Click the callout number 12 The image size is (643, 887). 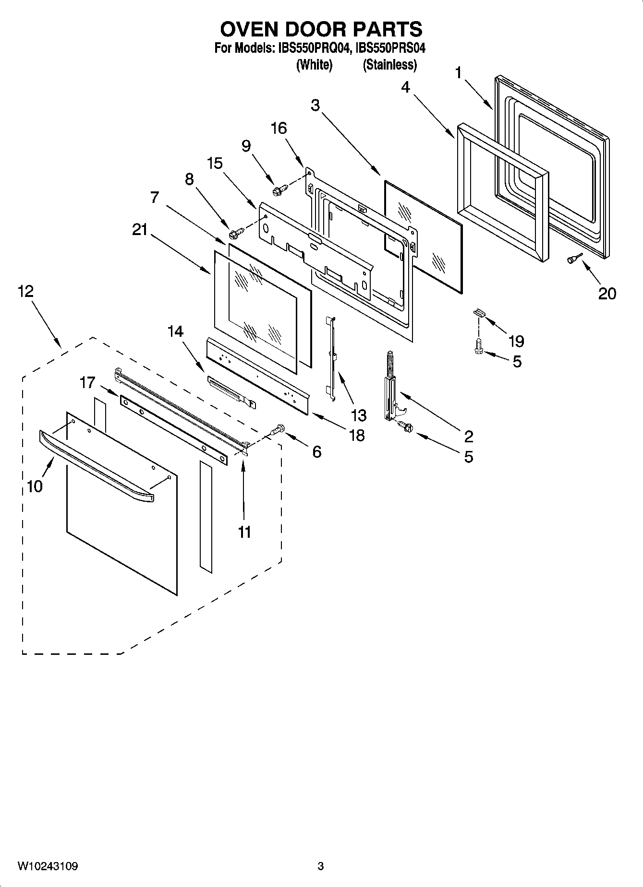[26, 291]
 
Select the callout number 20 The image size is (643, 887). [607, 293]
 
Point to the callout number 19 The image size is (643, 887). [516, 342]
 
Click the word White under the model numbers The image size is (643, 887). [315, 65]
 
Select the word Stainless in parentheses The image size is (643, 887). [389, 65]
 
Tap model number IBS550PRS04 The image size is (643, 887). [390, 48]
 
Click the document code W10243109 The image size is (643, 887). [48, 866]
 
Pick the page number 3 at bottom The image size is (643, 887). [321, 866]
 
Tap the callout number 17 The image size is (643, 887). [87, 382]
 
